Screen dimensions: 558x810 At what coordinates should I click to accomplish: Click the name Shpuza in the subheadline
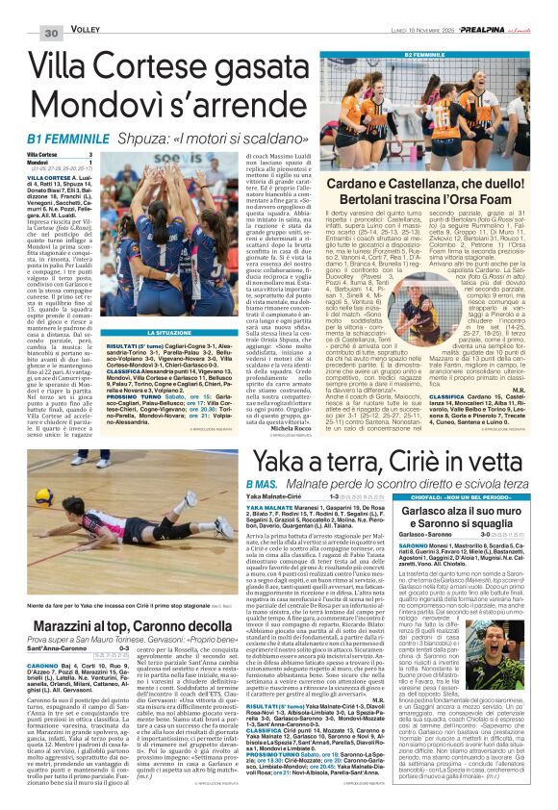tap(145, 140)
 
